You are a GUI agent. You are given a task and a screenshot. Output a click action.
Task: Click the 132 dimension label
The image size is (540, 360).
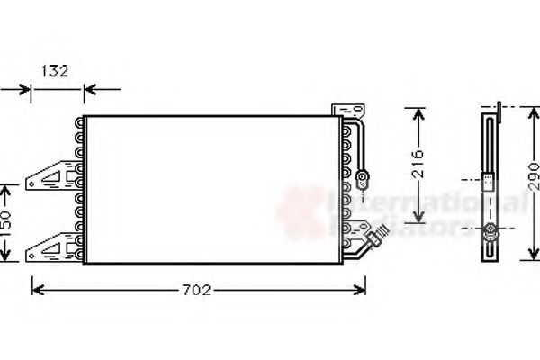point(57,71)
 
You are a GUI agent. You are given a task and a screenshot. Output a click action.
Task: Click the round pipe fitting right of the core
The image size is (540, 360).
point(363,177)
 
